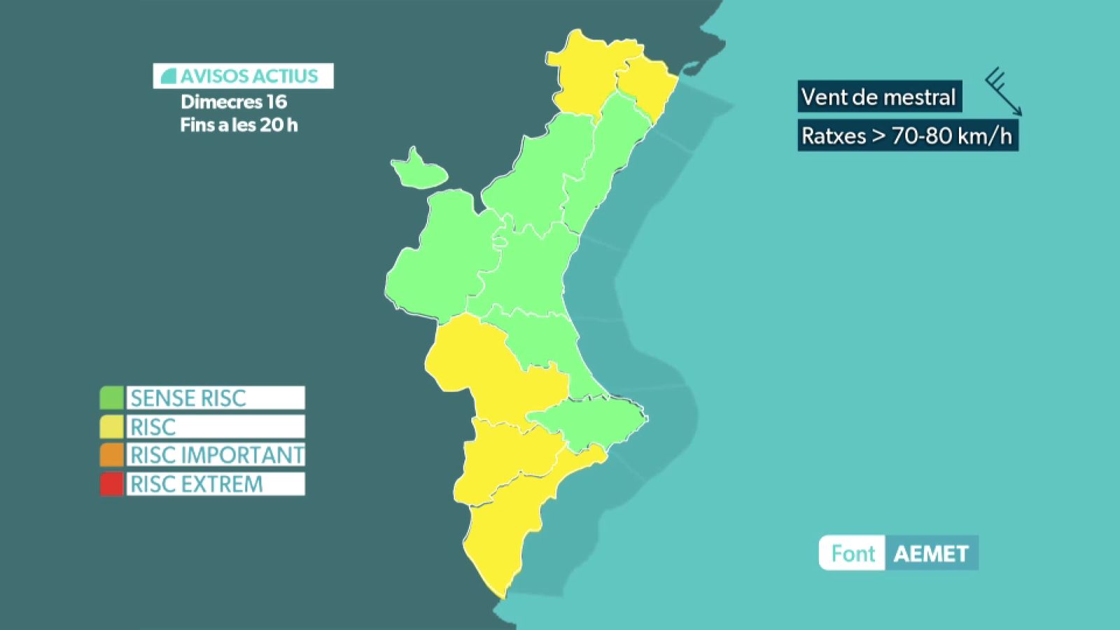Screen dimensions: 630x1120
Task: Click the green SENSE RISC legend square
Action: click(x=111, y=398)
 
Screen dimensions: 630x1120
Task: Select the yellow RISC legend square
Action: click(x=111, y=426)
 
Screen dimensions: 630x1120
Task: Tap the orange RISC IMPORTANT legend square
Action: click(x=111, y=455)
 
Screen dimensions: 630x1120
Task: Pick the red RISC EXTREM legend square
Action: click(x=111, y=484)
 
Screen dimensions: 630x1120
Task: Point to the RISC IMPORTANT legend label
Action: click(x=216, y=455)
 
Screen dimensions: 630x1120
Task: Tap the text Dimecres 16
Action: click(x=234, y=102)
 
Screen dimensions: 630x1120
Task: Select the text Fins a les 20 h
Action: click(x=239, y=125)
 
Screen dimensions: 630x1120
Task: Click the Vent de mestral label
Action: click(x=878, y=97)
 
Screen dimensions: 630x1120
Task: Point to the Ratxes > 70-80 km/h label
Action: click(x=907, y=135)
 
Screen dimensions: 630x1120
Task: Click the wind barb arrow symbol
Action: click(x=1004, y=92)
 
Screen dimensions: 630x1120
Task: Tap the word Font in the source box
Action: click(x=853, y=554)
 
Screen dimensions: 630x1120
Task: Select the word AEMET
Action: click(x=931, y=554)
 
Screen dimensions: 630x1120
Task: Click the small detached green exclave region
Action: click(x=418, y=170)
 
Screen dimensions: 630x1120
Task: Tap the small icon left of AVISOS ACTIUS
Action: click(x=168, y=76)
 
